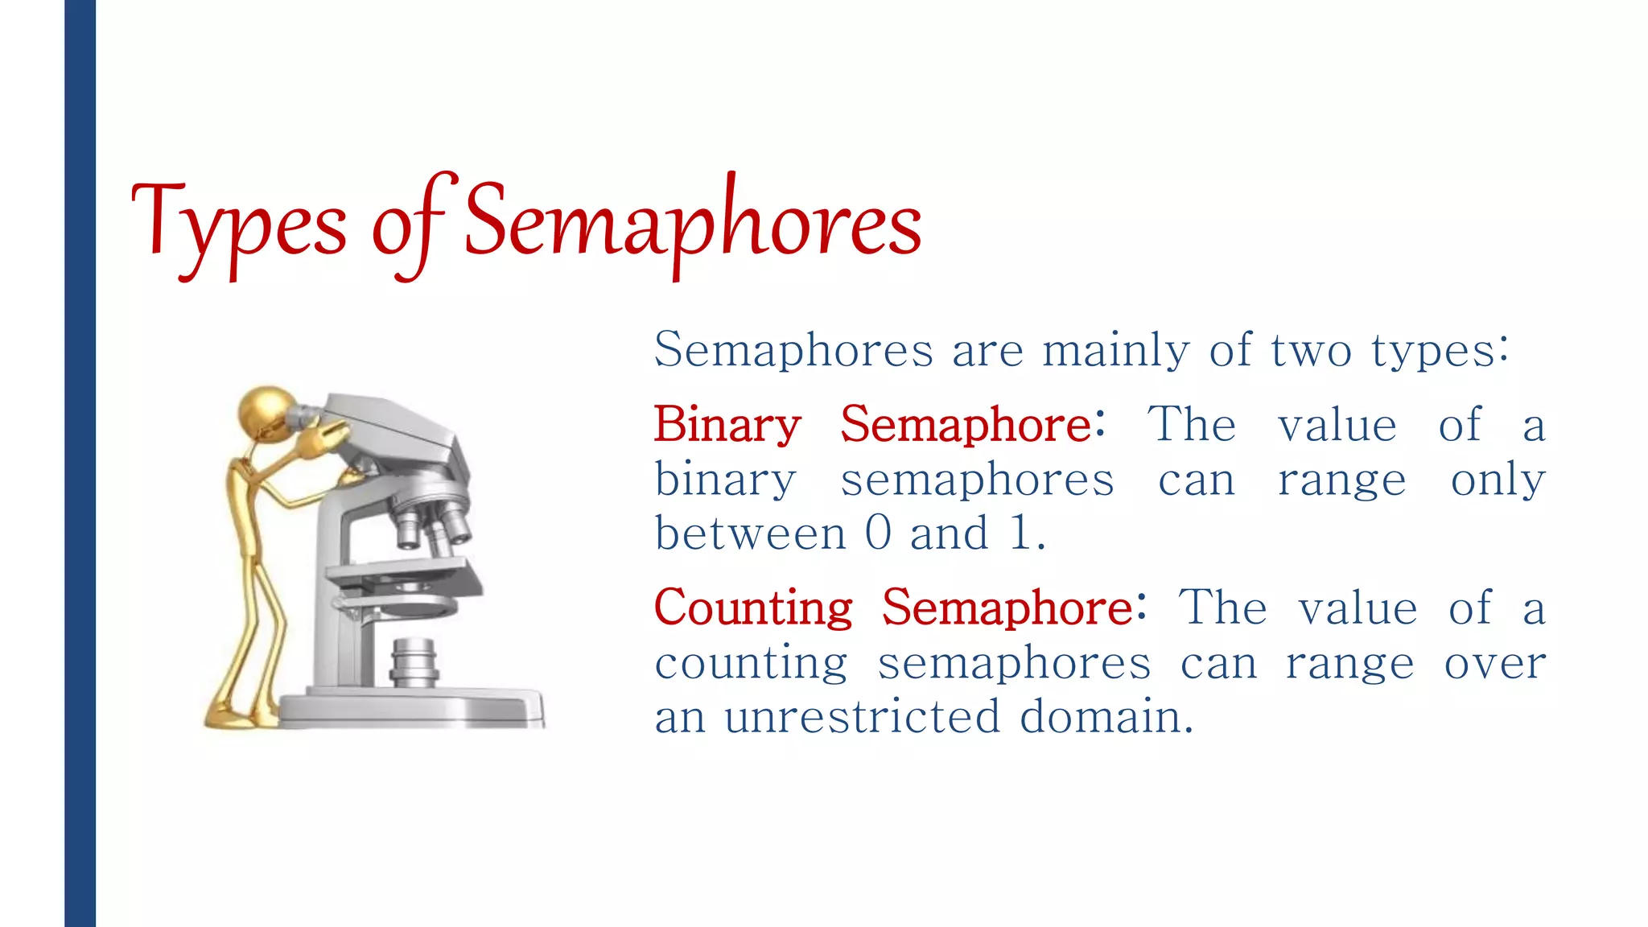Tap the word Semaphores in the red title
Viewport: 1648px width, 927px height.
(x=692, y=221)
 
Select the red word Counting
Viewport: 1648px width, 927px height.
(x=753, y=608)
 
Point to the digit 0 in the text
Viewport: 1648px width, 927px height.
(x=878, y=533)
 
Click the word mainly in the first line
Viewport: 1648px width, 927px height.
(x=1115, y=351)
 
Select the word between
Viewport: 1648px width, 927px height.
(x=750, y=533)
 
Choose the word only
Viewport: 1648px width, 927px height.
(x=1498, y=480)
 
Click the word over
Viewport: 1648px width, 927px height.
(x=1494, y=664)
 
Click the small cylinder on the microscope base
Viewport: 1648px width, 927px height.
(x=414, y=661)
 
